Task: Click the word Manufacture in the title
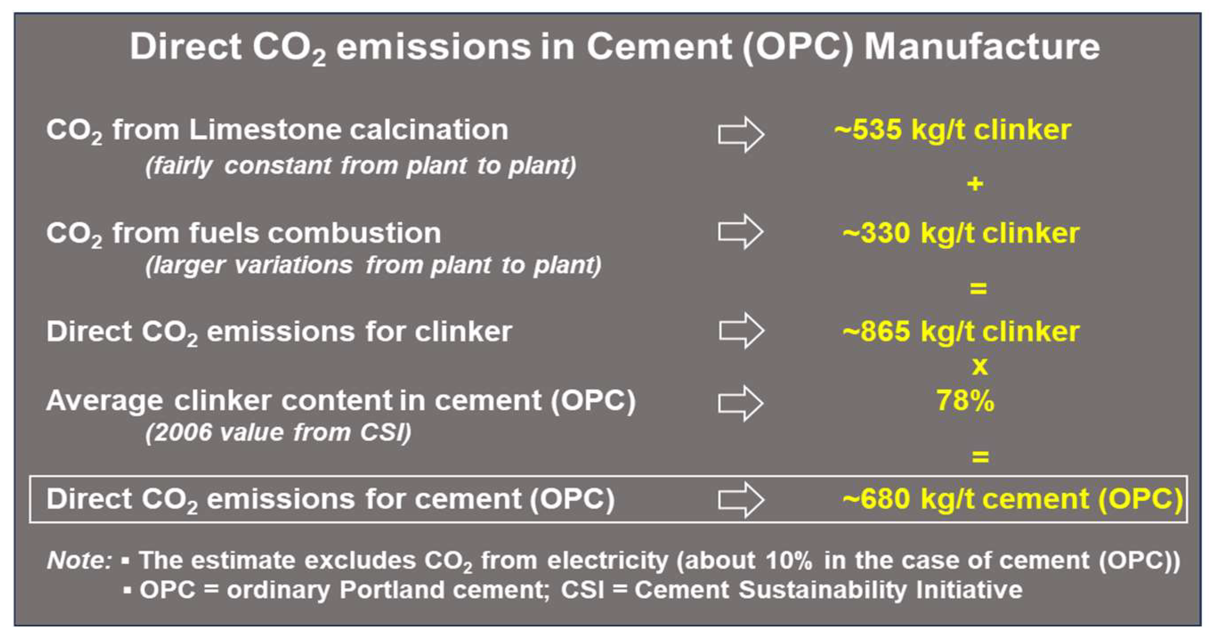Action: click(981, 47)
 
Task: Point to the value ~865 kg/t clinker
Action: click(961, 332)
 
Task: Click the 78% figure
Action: click(965, 401)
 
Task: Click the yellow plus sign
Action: click(975, 183)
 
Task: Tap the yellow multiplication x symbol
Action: click(980, 366)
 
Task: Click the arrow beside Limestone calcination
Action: click(741, 134)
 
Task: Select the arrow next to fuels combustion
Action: click(740, 231)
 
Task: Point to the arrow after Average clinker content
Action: click(740, 403)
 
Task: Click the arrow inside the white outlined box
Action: click(741, 499)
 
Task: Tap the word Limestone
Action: click(265, 130)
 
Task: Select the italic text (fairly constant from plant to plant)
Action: click(360, 166)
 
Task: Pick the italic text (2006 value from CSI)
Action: click(278, 433)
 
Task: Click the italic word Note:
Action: click(79, 560)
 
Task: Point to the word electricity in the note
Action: click(607, 561)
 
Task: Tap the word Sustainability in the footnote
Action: click(822, 590)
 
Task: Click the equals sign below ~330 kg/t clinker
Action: click(978, 288)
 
